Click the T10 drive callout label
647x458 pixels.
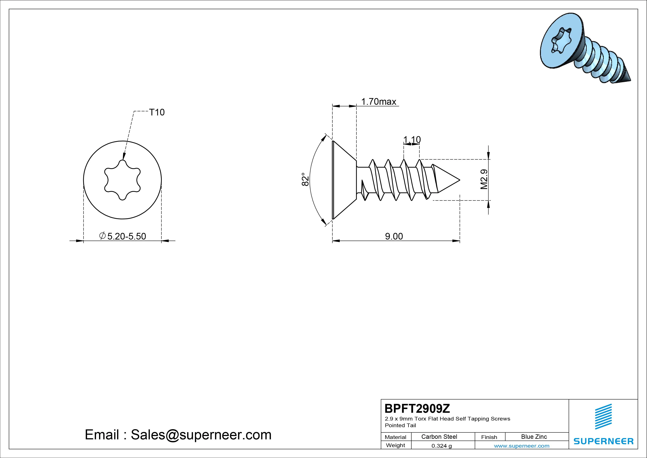[157, 112]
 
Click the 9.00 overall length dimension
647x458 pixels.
[394, 236]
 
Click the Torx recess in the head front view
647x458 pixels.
[123, 180]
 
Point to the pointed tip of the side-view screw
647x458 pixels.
[460, 180]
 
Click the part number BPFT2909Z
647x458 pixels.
[417, 408]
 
